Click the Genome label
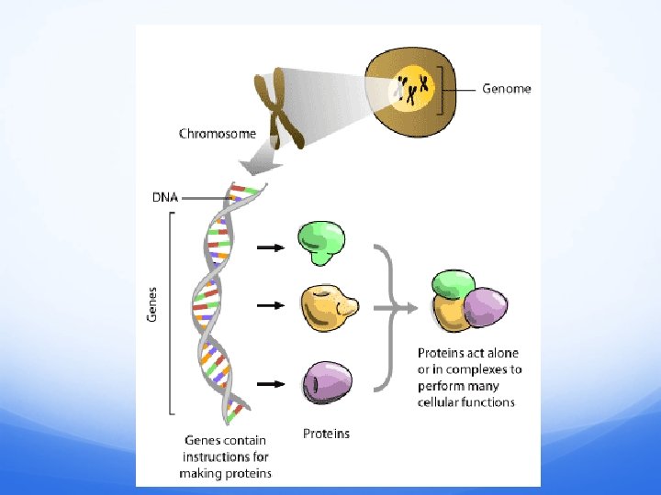(x=507, y=89)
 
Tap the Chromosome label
(x=218, y=134)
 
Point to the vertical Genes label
(x=152, y=302)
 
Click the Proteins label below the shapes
(x=326, y=433)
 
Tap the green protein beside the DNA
(x=322, y=243)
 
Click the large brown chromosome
(x=279, y=111)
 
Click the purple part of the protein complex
(x=486, y=306)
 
